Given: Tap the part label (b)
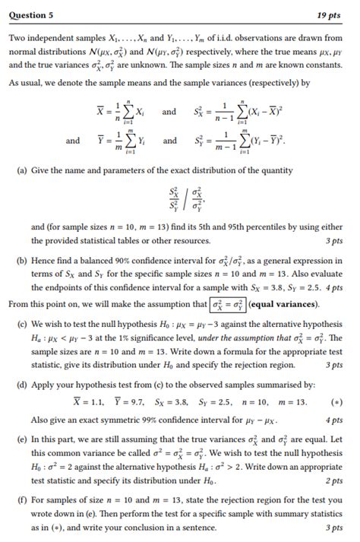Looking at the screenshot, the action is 22,261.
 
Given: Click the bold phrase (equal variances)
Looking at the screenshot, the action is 281,305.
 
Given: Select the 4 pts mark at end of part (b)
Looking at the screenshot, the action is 332,288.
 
